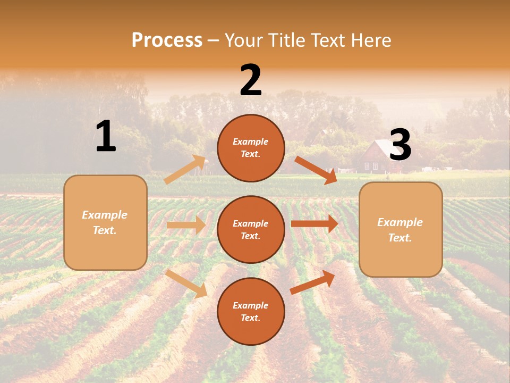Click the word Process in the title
coord(167,40)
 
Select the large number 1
coord(106,137)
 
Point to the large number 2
coord(251,80)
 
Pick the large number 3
coord(400,145)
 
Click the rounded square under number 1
coord(105,222)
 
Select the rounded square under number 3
coord(401,230)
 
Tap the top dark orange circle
coord(251,148)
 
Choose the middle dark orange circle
coord(251,229)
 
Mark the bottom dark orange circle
coord(251,311)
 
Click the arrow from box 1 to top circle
coord(185,170)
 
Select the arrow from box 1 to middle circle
coord(186,225)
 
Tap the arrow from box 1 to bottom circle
coord(186,284)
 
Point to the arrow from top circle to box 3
coord(316,170)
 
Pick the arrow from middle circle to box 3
coord(314,223)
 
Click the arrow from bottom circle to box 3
coord(312,282)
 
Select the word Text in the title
coord(328,40)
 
